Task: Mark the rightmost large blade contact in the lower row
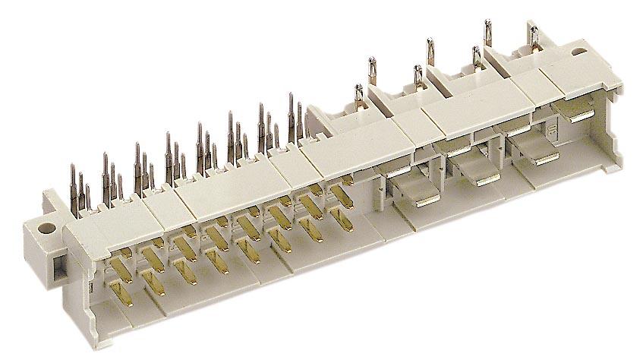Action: coord(534,160)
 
